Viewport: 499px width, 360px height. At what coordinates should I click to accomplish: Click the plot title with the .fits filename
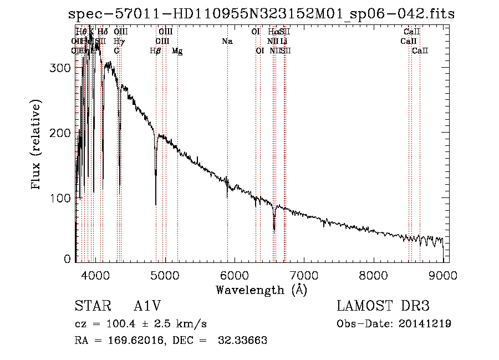(261, 14)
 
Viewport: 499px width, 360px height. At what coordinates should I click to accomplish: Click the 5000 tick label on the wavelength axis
(165, 275)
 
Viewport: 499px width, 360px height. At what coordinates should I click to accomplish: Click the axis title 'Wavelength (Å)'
(261, 290)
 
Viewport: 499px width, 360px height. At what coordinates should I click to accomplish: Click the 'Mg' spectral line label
(177, 51)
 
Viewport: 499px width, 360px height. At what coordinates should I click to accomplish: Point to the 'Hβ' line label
(156, 51)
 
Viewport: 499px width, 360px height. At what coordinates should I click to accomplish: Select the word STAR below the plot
(90, 306)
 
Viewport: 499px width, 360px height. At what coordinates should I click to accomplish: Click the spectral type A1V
(147, 306)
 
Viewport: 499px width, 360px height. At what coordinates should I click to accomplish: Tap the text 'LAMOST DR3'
(383, 306)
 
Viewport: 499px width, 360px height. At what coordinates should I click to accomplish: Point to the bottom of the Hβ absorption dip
(156, 204)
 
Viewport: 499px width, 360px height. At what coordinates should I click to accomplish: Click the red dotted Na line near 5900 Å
(227, 139)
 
